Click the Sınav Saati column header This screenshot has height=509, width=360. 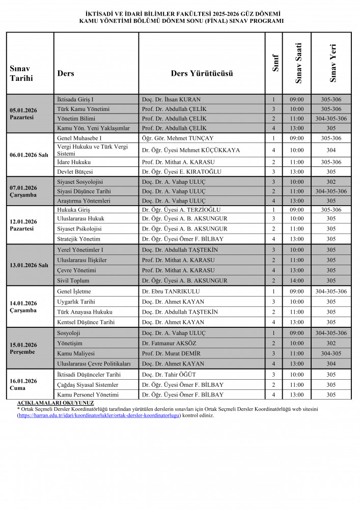pyautogui.click(x=299, y=63)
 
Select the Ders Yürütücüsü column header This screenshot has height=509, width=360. pyautogui.click(x=202, y=73)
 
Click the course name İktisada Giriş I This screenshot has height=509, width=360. pyautogui.click(x=75, y=100)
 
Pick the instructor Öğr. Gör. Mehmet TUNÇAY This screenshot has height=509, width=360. pyautogui.click(x=177, y=138)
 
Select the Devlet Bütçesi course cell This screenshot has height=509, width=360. pyautogui.click(x=75, y=172)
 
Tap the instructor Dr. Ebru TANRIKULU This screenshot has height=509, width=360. pyautogui.click(x=171, y=291)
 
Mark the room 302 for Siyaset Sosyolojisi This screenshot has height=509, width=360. pyautogui.click(x=331, y=181)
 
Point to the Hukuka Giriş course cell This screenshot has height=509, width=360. pyautogui.click(x=73, y=209)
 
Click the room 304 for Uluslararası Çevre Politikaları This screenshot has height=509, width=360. pyautogui.click(x=331, y=363)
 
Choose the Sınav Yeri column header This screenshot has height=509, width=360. pyautogui.click(x=332, y=63)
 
